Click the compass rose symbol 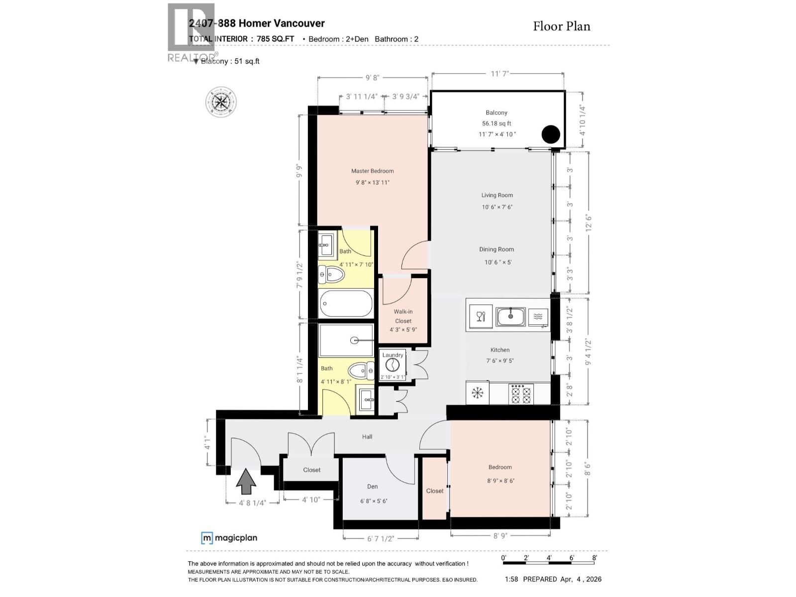[x=221, y=102]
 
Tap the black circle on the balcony [x=551, y=134]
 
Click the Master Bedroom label [x=372, y=171]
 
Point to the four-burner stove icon [x=521, y=394]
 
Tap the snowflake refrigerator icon [x=478, y=394]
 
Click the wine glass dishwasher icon [x=481, y=317]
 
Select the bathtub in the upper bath [x=346, y=303]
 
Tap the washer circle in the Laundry [x=393, y=365]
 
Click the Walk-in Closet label [x=403, y=316]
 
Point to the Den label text [x=373, y=487]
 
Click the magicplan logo [x=229, y=538]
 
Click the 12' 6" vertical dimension [x=589, y=223]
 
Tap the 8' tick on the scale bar [x=595, y=558]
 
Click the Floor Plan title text [x=561, y=26]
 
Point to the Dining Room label [x=497, y=249]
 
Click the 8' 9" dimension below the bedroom [x=500, y=536]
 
